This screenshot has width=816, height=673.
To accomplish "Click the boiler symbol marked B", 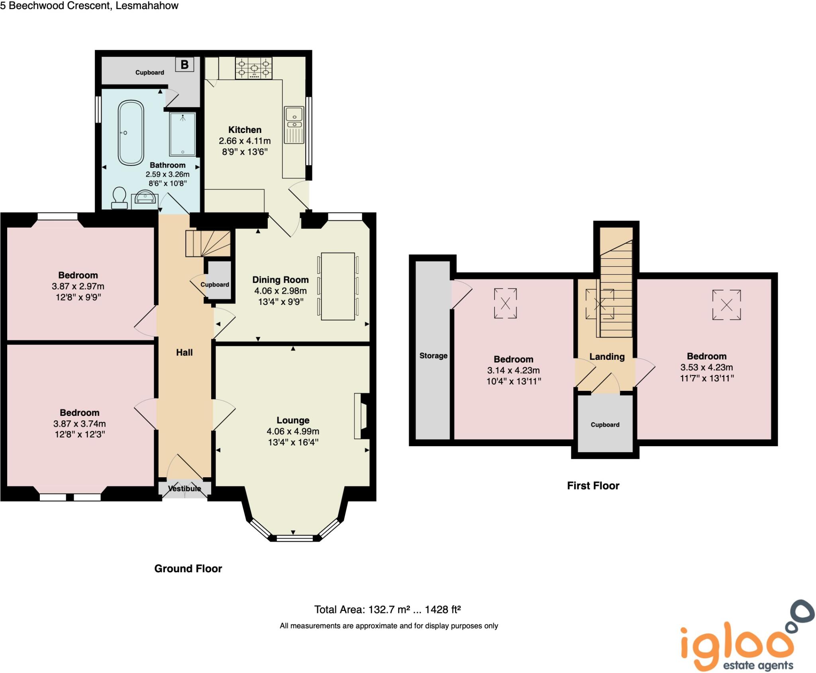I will pos(184,64).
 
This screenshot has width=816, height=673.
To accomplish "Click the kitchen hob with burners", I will pos(253,68).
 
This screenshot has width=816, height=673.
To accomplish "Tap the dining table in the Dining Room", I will pos(338,286).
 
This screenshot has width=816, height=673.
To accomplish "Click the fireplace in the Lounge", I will pos(362,416).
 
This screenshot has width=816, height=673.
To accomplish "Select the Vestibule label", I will pos(184,488).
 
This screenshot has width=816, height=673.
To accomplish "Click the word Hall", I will pos(184,352).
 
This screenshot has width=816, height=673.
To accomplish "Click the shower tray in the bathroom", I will pos(182,134).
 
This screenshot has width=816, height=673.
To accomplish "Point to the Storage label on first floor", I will pos(433,356).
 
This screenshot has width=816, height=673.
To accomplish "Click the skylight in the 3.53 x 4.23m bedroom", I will pos(726,305).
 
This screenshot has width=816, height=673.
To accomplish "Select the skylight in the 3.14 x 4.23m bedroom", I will pos(505,304).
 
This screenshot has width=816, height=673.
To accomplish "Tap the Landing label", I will pos(607,357).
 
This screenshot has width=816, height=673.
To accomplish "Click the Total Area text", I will pos(387,609).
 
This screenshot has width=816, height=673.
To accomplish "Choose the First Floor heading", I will pos(593,486).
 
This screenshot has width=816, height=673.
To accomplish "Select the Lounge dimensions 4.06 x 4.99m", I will pos(293,431).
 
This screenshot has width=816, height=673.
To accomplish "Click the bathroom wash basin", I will pos(145,198).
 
